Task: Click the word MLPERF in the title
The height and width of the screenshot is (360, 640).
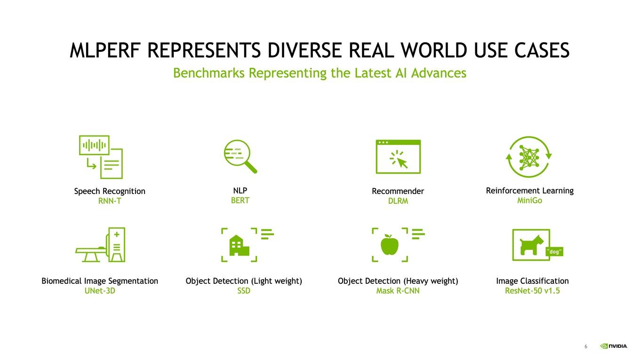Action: [105, 50]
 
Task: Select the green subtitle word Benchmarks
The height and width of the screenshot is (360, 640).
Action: [209, 73]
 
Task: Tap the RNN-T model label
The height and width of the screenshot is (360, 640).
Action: [110, 201]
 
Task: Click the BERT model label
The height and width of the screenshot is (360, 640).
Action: [240, 200]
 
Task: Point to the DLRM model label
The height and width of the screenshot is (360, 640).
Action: [398, 201]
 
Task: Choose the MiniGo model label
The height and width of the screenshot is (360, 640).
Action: [529, 200]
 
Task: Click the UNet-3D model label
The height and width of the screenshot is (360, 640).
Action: [100, 290]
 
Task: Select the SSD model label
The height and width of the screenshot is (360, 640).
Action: [244, 290]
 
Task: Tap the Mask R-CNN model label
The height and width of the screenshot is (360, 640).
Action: [398, 290]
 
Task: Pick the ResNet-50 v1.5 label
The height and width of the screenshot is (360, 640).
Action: [532, 290]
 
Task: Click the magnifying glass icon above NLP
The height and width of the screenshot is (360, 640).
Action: [240, 156]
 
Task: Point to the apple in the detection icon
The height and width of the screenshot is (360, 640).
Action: [390, 245]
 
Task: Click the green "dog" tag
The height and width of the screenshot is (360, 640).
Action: [554, 251]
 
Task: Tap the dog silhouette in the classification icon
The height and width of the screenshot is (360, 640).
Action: [531, 245]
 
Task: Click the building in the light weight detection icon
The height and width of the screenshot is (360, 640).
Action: [239, 245]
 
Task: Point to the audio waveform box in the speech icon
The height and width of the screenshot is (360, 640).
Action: [94, 145]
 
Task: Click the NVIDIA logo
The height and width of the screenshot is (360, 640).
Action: [614, 346]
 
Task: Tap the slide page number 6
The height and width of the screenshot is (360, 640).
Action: [586, 346]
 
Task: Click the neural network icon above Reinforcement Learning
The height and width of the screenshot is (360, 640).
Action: [528, 157]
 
